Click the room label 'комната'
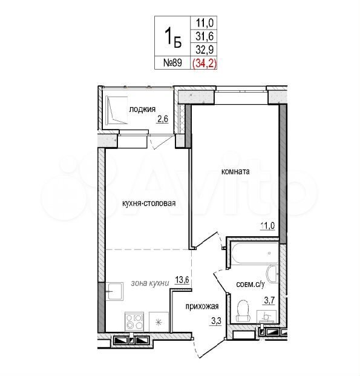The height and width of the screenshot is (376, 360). (235, 172)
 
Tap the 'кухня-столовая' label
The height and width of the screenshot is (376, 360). (149, 203)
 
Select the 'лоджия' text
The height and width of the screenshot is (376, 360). (142, 110)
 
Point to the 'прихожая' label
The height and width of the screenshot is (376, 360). (202, 306)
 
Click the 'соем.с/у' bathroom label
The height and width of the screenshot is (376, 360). (250, 285)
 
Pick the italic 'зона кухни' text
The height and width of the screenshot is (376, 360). (150, 283)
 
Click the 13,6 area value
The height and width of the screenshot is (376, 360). (182, 280)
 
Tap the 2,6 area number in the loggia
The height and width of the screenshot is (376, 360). (163, 119)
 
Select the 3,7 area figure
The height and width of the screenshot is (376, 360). (269, 300)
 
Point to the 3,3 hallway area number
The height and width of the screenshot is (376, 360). (216, 321)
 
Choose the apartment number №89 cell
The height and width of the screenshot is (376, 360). (172, 63)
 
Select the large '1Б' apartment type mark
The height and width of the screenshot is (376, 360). (172, 37)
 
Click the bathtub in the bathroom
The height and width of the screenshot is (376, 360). (255, 253)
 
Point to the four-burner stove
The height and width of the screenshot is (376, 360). (134, 322)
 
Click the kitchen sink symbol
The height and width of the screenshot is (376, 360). (114, 291)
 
